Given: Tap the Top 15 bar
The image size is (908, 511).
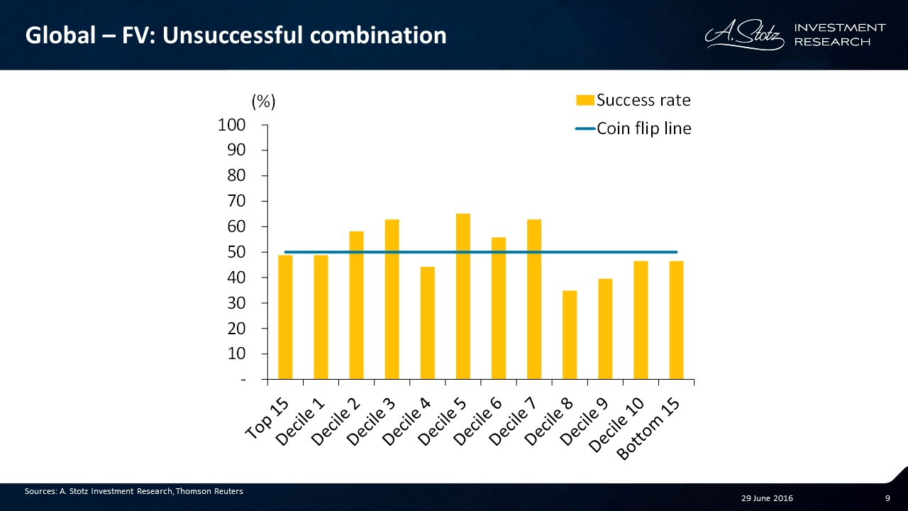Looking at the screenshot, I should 285,317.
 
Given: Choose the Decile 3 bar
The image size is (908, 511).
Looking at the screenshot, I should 392,299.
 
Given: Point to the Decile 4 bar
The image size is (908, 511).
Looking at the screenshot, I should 427,323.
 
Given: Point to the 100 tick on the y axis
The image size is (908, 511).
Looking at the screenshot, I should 231,125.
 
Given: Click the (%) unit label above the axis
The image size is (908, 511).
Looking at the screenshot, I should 263,101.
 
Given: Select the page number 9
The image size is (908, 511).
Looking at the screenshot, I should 887,498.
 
